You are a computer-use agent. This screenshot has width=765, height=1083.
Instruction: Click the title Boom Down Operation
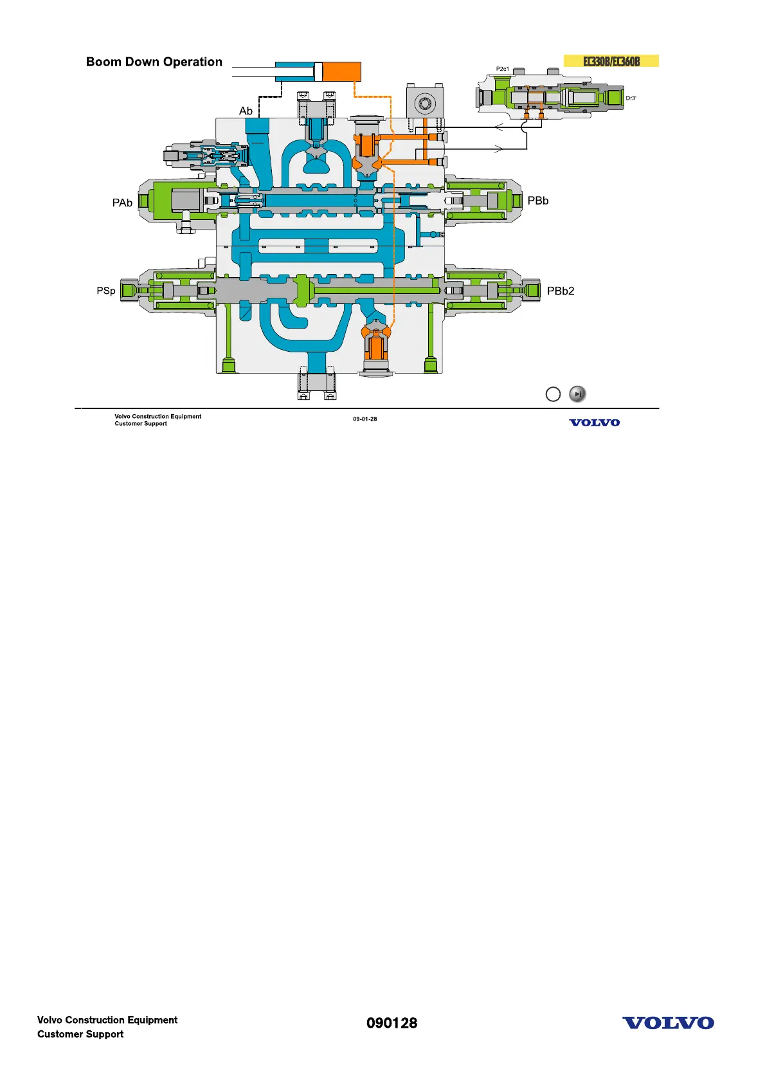[154, 62]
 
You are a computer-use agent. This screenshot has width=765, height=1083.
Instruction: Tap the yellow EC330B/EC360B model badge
[611, 61]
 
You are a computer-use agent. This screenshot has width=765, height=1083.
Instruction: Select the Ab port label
[246, 111]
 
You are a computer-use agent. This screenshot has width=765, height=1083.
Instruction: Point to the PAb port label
[122, 203]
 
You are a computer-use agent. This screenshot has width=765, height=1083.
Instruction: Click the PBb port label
[537, 201]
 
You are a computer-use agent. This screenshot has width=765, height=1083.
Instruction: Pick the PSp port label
[106, 291]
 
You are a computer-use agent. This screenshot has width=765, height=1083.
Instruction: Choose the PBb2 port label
[560, 291]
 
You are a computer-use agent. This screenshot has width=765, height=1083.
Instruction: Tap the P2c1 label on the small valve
[502, 69]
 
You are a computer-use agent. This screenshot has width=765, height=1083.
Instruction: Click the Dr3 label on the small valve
[631, 98]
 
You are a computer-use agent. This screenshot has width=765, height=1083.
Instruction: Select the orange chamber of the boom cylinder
[341, 71]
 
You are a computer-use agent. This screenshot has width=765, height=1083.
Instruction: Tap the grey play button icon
[577, 394]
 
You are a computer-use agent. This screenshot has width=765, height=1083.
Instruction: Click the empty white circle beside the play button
[553, 394]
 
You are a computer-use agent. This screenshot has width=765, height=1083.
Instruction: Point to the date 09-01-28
[364, 419]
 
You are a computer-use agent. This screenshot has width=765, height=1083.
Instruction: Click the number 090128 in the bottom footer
[392, 1023]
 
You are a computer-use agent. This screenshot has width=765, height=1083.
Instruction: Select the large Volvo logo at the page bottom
[667, 1023]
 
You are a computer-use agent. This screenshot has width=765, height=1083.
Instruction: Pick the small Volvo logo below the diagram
[594, 423]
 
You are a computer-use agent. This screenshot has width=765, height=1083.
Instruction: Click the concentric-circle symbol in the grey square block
[424, 103]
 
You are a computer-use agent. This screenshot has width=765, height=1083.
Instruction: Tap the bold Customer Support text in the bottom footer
[80, 1034]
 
